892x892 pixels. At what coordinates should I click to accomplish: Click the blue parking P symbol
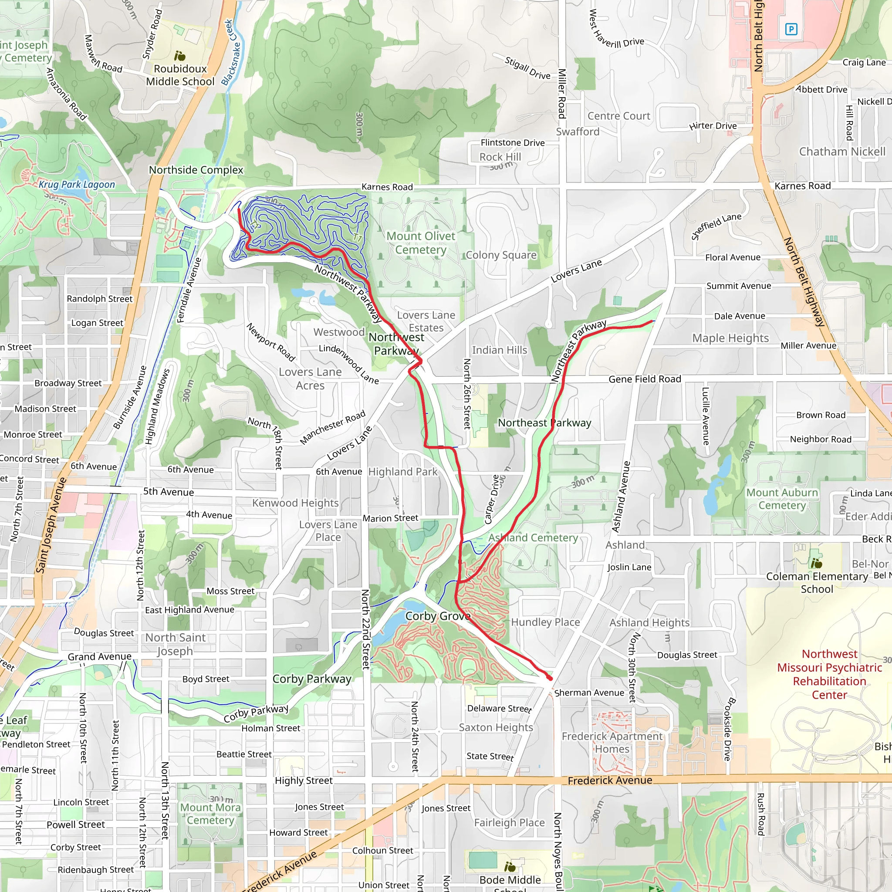point(791,30)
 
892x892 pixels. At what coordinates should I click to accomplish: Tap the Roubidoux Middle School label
point(180,75)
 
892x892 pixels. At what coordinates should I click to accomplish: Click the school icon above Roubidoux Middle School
point(179,56)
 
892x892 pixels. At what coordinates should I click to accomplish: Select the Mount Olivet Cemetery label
point(421,243)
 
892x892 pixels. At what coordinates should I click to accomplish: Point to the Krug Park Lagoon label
point(77,184)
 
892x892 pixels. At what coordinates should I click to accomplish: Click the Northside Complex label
point(196,170)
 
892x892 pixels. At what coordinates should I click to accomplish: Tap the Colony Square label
point(501,255)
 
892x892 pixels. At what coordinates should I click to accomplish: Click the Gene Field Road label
point(645,379)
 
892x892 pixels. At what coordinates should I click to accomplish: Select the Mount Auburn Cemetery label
point(782,499)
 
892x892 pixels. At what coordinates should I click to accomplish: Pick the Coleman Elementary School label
point(817,583)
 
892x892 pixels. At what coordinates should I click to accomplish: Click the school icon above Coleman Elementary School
point(816,563)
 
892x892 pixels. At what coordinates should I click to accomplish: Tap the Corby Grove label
point(438,616)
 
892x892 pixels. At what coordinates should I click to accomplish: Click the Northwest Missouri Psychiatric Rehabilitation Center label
point(829,674)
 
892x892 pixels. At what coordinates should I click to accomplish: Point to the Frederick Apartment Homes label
point(612,743)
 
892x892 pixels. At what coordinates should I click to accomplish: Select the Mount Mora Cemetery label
point(210,814)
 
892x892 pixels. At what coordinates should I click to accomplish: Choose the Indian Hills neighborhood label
point(499,350)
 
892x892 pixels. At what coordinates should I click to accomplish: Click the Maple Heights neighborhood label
point(730,338)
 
